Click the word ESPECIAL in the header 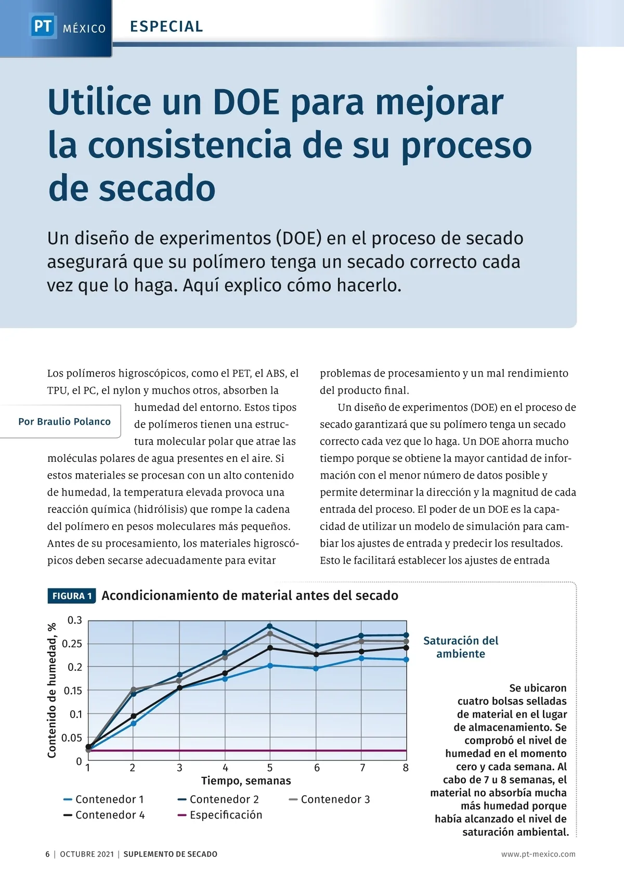(166, 27)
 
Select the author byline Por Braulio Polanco (64, 422)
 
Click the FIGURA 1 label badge (72, 596)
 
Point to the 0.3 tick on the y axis (75, 620)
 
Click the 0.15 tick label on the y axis (73, 691)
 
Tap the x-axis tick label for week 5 (270, 768)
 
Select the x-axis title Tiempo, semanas (246, 781)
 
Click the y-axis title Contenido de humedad (52, 690)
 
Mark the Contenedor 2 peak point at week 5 (270, 626)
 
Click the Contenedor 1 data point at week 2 (134, 723)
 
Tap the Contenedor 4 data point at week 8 (406, 647)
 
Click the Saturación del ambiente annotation (461, 647)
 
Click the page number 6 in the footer (48, 854)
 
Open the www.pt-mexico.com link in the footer (538, 854)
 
